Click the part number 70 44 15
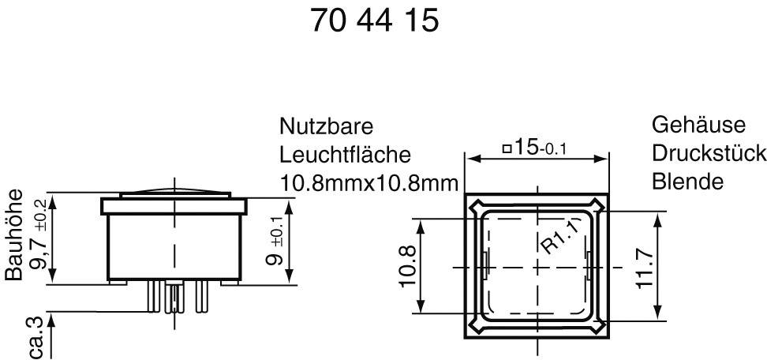coord(374,21)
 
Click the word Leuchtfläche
coord(345,155)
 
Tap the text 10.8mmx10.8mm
coord(369,183)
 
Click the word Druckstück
coord(709,153)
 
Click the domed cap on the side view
coord(174,193)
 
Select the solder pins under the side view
coord(174,298)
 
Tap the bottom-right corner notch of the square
coord(601,324)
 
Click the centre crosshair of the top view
coord(537,266)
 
